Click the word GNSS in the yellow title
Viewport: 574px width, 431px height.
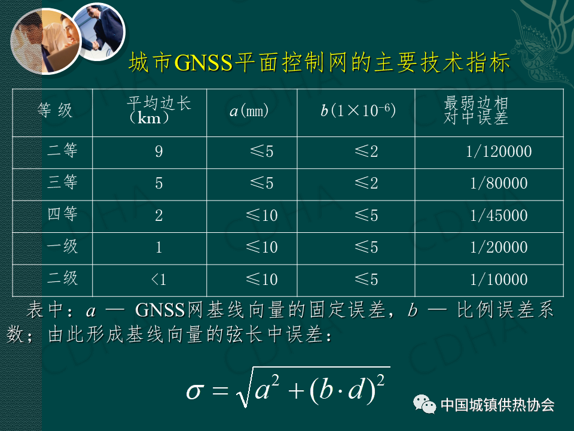pos(203,62)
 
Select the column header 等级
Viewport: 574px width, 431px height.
pos(55,110)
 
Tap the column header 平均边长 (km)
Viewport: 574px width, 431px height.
pos(159,110)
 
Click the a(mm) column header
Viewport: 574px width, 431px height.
pos(249,110)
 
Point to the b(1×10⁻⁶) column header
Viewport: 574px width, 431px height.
pos(358,110)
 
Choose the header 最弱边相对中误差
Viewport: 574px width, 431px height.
pos(476,110)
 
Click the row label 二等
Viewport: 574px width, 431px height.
pos(62,150)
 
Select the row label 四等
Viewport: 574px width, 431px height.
pos(62,214)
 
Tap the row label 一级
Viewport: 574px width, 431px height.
pos(62,246)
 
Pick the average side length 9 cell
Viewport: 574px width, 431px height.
pos(159,151)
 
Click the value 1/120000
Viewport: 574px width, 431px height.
pos(499,151)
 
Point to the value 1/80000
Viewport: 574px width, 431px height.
pos(499,183)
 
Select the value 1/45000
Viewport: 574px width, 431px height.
pos(499,215)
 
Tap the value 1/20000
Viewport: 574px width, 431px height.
pos(499,247)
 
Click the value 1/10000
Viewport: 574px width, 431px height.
pos(499,280)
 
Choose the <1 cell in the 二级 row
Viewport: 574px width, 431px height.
pos(159,280)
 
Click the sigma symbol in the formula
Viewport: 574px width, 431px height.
pos(194,391)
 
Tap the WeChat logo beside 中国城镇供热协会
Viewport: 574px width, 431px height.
pos(425,404)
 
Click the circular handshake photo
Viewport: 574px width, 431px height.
pos(98,32)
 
